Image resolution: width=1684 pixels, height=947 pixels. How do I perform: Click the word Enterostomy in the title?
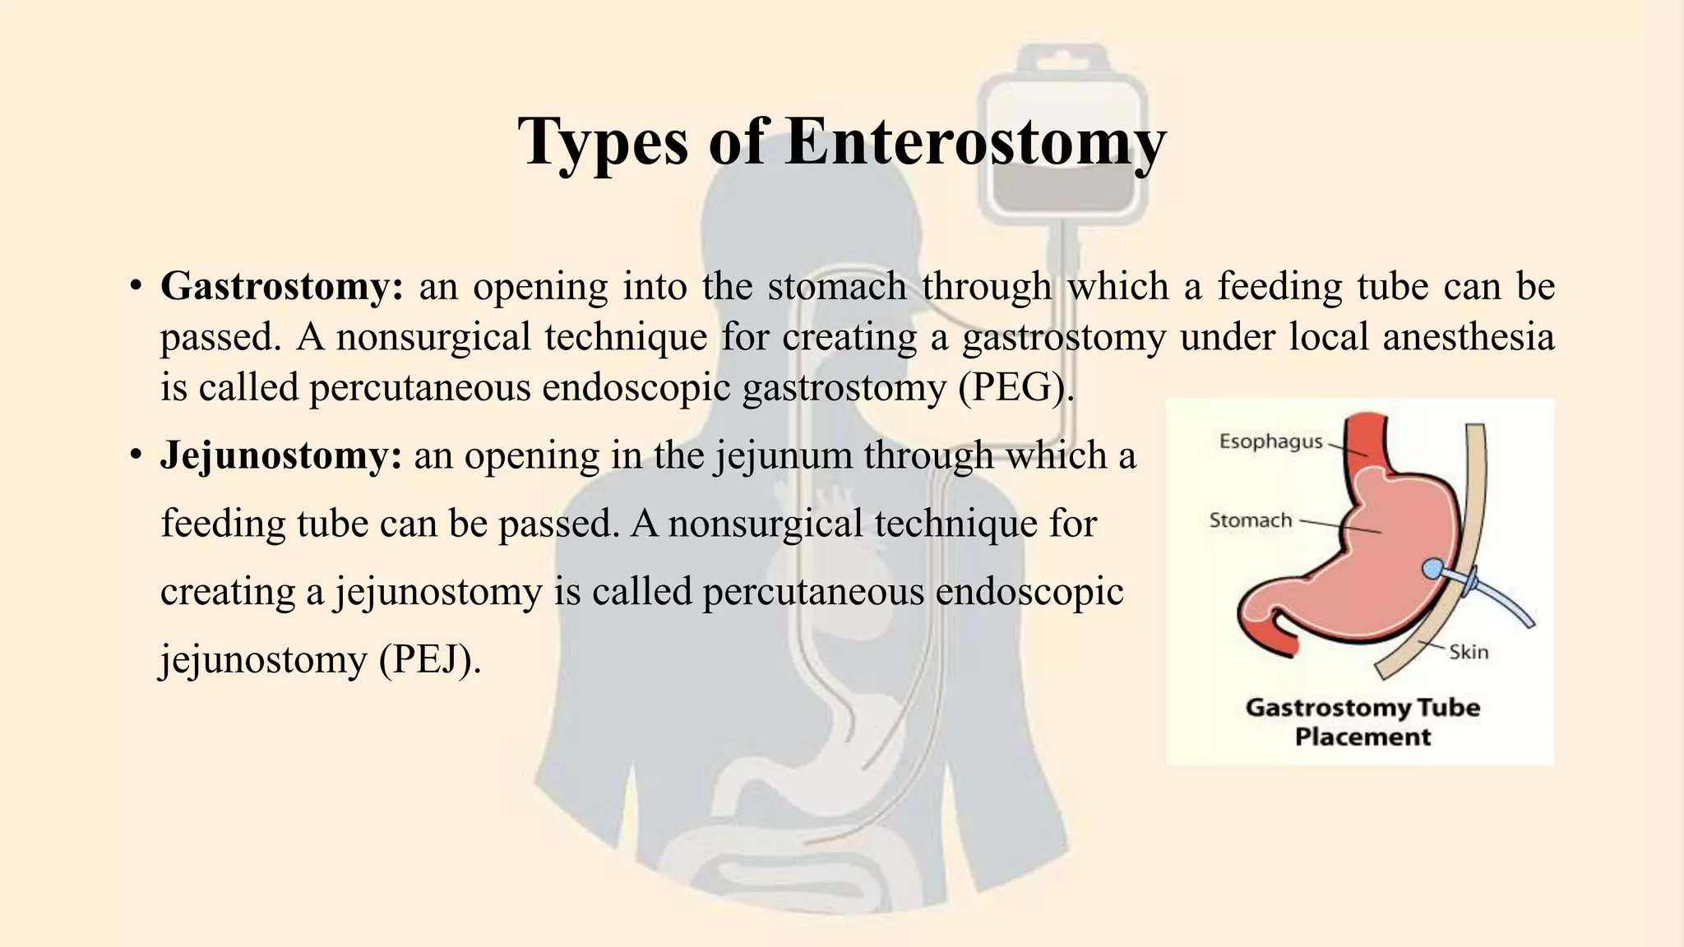point(974,141)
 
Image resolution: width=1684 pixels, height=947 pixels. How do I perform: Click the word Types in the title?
point(603,141)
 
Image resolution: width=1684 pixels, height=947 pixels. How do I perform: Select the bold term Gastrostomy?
point(282,287)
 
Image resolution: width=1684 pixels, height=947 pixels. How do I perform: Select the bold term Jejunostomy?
point(281,455)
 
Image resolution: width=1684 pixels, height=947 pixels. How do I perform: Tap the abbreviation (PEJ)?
point(430,660)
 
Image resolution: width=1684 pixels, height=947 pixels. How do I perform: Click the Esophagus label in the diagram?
point(1270,441)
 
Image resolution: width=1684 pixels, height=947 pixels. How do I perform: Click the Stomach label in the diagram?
point(1251,520)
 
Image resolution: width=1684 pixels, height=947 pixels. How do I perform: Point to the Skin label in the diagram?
point(1469,652)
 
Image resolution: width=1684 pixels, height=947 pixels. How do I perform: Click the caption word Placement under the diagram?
point(1362,737)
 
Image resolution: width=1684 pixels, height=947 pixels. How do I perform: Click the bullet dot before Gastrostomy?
point(136,289)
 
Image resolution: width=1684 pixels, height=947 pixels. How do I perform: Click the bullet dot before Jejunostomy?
point(136,457)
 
